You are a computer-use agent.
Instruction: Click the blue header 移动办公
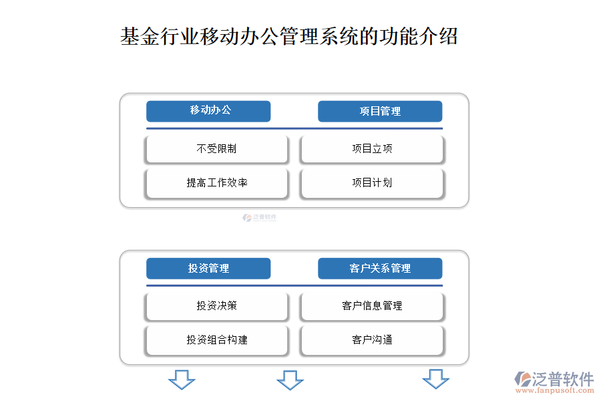tap(208, 112)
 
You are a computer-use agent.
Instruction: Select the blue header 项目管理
tap(380, 112)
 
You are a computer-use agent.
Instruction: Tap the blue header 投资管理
tap(208, 268)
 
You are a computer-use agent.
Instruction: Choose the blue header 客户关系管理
tap(380, 268)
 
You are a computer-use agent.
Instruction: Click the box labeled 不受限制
tap(216, 149)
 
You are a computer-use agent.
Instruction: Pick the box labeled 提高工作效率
tap(216, 183)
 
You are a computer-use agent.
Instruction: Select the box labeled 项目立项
tap(372, 149)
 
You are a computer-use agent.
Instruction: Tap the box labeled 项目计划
tap(372, 183)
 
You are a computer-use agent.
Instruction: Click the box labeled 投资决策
tap(216, 306)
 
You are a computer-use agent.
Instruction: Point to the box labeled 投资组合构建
tap(216, 340)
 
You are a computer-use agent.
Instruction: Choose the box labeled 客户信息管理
tap(372, 306)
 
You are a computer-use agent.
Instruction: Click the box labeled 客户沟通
tap(372, 340)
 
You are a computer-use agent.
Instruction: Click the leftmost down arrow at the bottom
tap(182, 380)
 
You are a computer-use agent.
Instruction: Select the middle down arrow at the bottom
tap(290, 380)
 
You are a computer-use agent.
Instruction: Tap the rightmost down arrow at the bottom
tap(436, 379)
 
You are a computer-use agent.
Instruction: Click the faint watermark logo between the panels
tap(259, 218)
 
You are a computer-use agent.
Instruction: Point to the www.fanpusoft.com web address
tap(555, 390)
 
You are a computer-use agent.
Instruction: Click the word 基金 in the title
tap(140, 37)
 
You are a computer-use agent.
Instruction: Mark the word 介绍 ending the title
tap(437, 37)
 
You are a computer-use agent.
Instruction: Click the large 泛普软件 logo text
tap(563, 379)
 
